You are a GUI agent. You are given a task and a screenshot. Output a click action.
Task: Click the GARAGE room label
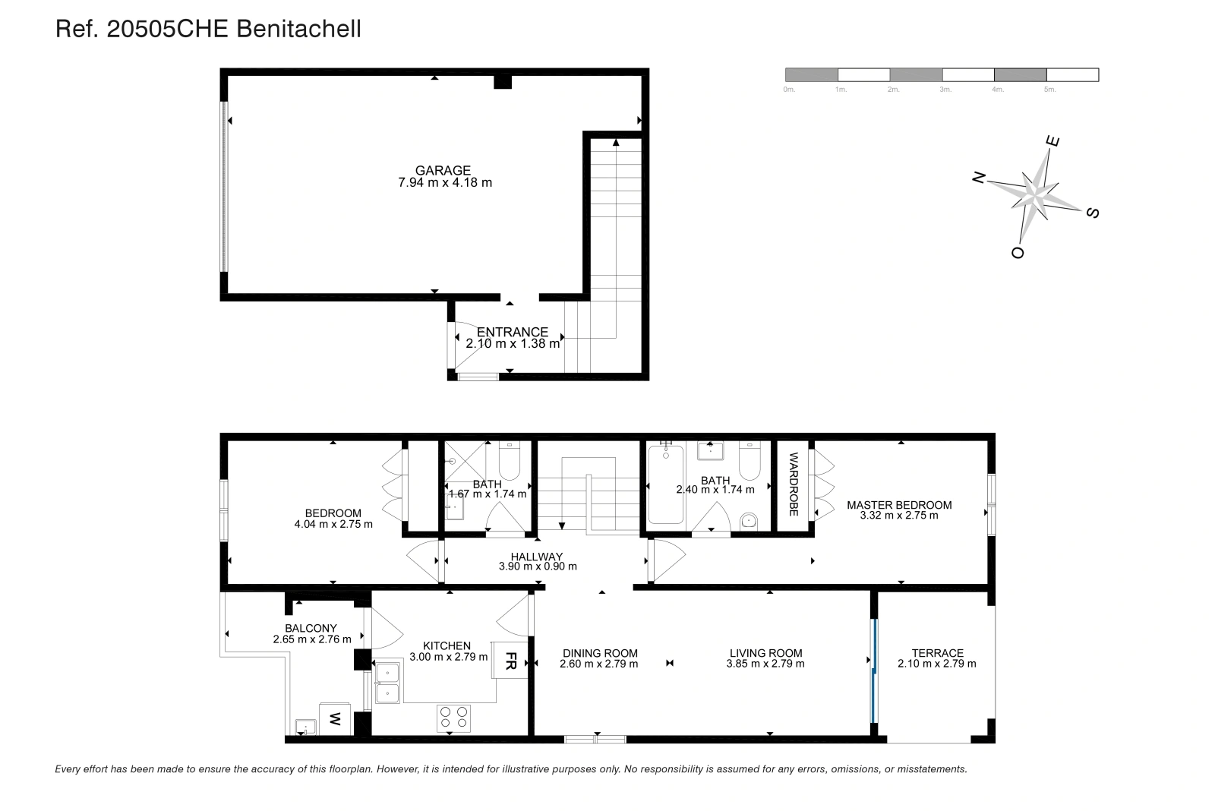tap(443, 170)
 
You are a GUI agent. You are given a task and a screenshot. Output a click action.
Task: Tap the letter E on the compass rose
tap(1052, 141)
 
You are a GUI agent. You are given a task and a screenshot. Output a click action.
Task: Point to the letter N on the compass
tap(979, 178)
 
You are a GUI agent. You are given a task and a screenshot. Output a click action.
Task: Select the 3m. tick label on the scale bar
tap(945, 90)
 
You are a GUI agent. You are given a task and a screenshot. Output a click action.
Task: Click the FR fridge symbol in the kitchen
tap(510, 660)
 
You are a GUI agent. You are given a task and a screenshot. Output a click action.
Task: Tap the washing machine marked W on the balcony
tap(335, 719)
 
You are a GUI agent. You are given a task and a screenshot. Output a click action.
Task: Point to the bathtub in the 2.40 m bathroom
tap(665, 484)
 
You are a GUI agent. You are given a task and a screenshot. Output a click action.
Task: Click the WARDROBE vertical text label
tap(794, 484)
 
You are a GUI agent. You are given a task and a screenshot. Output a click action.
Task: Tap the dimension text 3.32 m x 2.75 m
tap(899, 516)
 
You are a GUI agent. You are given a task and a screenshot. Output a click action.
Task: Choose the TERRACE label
tap(937, 653)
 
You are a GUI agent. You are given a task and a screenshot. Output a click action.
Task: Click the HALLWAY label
tap(536, 557)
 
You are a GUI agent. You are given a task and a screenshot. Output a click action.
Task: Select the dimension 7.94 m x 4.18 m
tap(445, 183)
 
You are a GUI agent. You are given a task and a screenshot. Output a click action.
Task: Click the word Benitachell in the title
tap(299, 29)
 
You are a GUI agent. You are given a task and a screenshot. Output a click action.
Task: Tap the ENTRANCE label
tap(512, 331)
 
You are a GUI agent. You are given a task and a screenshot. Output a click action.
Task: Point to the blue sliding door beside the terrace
tap(874, 671)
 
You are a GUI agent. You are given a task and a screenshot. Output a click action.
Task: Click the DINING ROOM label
tap(600, 653)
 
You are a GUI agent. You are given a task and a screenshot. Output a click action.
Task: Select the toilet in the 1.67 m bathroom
tap(509, 460)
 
